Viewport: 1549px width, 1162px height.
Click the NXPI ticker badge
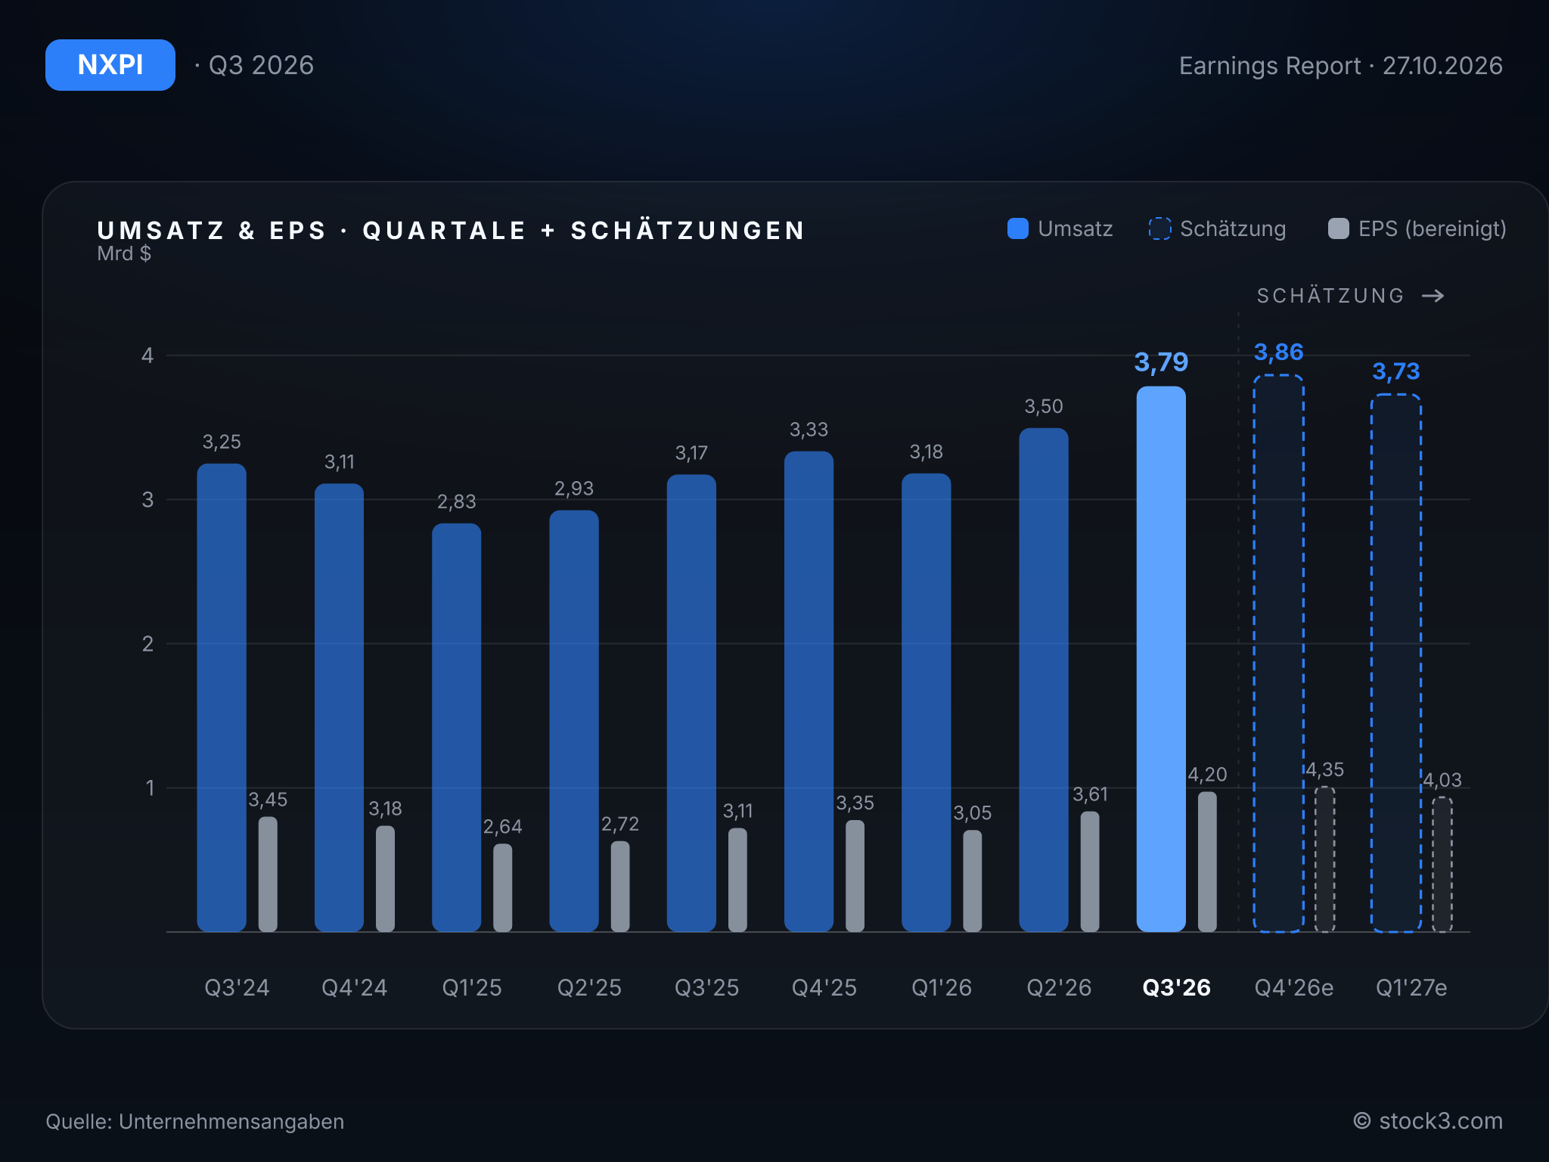[x=110, y=65]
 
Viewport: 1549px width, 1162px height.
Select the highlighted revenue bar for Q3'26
[x=1161, y=659]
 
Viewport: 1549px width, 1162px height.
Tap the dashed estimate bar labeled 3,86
[x=1278, y=654]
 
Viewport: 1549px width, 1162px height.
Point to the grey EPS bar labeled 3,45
[x=268, y=875]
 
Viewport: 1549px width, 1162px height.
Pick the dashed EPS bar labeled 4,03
[x=1442, y=865]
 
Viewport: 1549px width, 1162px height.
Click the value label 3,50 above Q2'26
[x=1044, y=407]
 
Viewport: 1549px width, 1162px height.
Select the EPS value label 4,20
[x=1207, y=775]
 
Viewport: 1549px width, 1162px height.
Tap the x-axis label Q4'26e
[x=1294, y=987]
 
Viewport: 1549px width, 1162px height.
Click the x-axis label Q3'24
[x=237, y=987]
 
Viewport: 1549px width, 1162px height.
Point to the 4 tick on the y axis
[x=147, y=356]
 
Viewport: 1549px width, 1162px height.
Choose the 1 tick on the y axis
[x=150, y=788]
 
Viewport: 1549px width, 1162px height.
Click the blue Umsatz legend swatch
[x=1018, y=228]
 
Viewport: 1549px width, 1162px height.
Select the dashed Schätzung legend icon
[x=1159, y=228]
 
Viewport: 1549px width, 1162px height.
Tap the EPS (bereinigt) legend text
[x=1433, y=228]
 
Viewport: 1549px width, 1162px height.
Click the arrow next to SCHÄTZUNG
[x=1433, y=296]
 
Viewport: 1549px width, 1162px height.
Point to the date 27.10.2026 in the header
[x=1442, y=66]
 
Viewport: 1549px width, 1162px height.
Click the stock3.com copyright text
[x=1428, y=1121]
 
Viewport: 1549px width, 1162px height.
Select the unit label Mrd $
[x=124, y=253]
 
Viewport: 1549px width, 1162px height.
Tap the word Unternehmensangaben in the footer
[x=231, y=1121]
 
